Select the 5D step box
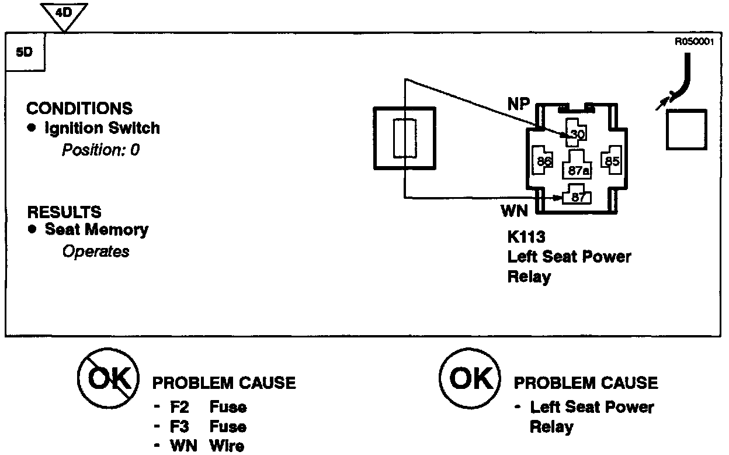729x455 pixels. click(25, 51)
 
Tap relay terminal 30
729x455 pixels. click(577, 133)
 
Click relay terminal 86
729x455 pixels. click(544, 161)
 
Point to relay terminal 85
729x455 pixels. click(612, 161)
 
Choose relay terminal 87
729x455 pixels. click(578, 197)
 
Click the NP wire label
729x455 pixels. click(518, 105)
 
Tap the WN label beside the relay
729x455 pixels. click(515, 210)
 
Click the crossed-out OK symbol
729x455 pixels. click(108, 380)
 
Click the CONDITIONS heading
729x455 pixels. click(79, 109)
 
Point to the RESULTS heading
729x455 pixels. click(64, 211)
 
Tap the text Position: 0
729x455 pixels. click(100, 150)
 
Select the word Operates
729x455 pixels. click(96, 251)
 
